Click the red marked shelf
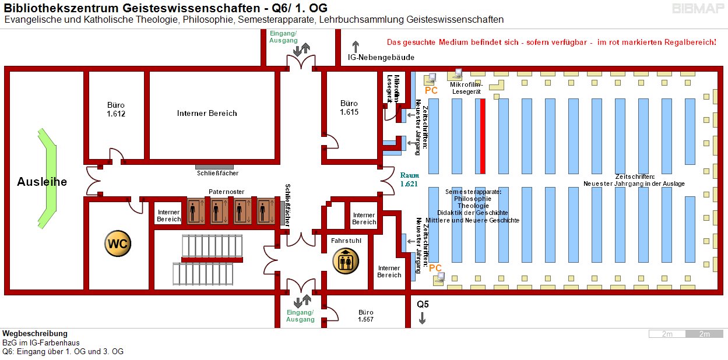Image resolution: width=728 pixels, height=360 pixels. (x=483, y=136)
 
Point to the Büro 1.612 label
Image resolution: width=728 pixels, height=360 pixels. (x=116, y=110)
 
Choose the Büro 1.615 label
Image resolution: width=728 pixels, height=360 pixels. (x=349, y=107)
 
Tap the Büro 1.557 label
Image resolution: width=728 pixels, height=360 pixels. (x=365, y=316)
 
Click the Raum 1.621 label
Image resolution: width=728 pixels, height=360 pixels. (x=409, y=179)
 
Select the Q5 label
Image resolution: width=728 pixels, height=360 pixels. (x=423, y=304)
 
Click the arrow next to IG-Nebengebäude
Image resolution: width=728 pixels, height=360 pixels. (x=356, y=47)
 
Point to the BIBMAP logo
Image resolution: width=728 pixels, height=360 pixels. (x=698, y=9)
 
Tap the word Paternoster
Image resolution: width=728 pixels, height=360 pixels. (x=227, y=192)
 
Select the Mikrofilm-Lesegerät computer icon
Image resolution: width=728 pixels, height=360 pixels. (x=455, y=75)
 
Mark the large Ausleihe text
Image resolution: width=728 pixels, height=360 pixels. (x=42, y=182)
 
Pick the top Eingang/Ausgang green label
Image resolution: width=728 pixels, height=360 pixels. (x=283, y=37)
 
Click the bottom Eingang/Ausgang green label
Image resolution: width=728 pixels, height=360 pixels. (x=300, y=315)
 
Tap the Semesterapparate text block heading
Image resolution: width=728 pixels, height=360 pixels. (x=473, y=192)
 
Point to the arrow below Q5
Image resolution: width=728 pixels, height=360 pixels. (x=423, y=318)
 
